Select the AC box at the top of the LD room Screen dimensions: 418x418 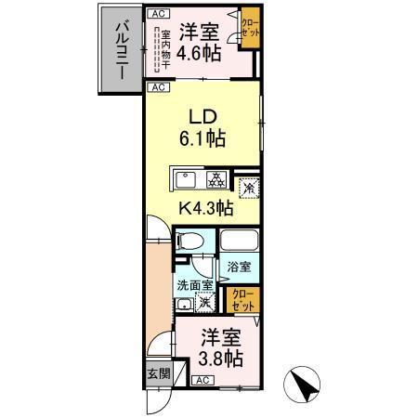pos(158,87)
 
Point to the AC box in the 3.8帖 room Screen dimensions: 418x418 pos(202,381)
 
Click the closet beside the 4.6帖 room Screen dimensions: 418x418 pos(251,27)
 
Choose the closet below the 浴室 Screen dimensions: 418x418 pos(242,299)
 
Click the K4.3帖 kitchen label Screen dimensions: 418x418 pos(205,209)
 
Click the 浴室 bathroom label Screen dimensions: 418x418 pos(241,267)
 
